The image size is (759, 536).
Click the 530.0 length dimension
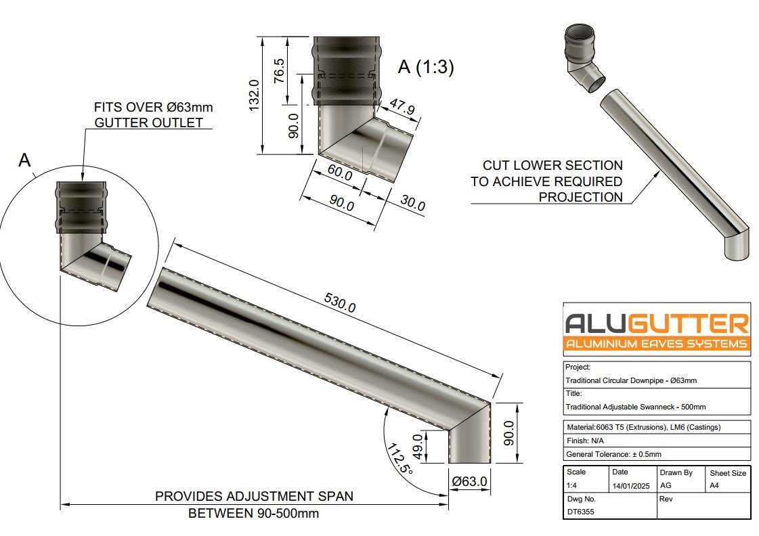pyautogui.click(x=340, y=303)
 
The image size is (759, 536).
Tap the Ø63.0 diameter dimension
pyautogui.click(x=470, y=481)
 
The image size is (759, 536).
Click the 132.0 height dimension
pyautogui.click(x=255, y=95)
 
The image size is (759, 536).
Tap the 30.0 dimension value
pyautogui.click(x=412, y=204)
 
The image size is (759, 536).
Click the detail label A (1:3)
pyautogui.click(x=425, y=67)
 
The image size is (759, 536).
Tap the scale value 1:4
pyautogui.click(x=573, y=485)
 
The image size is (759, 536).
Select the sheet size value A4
pyautogui.click(x=714, y=485)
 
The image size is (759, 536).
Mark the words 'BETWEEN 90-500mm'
pyautogui.click(x=253, y=513)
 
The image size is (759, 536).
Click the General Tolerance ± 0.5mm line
pyautogui.click(x=613, y=453)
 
